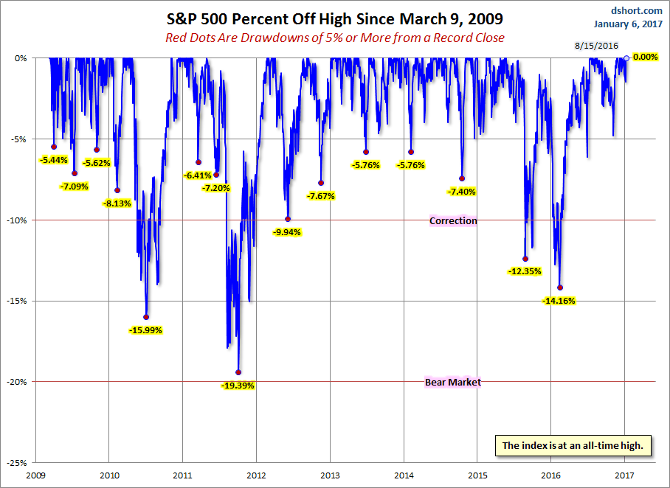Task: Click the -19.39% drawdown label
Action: (237, 385)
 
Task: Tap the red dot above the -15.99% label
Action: (146, 317)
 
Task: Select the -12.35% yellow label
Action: (525, 271)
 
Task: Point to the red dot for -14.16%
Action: (560, 287)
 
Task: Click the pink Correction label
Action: (453, 220)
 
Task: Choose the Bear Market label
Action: (453, 382)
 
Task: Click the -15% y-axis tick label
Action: (18, 301)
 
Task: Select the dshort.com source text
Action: (637, 10)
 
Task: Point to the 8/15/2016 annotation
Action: (595, 46)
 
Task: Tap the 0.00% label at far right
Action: (643, 57)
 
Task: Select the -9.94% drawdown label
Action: (287, 231)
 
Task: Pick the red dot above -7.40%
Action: (462, 178)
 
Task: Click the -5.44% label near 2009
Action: (54, 159)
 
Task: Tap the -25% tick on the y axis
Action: (18, 462)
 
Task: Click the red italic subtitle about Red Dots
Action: (334, 38)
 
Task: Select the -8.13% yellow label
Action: (117, 203)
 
